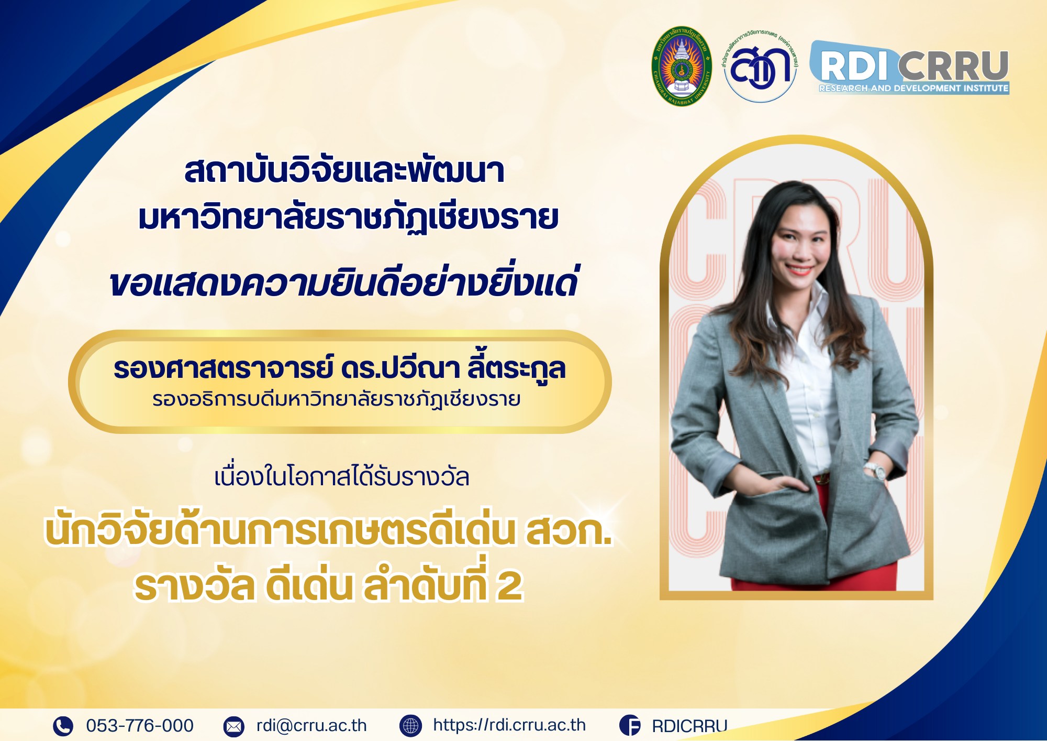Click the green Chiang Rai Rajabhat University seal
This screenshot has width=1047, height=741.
(681, 66)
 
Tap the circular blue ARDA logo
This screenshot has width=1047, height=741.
(760, 66)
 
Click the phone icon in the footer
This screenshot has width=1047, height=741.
(63, 726)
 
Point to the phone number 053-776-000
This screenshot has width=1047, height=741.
(140, 726)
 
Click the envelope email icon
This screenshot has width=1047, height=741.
(233, 726)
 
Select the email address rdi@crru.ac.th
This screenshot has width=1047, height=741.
(311, 726)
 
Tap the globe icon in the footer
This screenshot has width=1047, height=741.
(410, 726)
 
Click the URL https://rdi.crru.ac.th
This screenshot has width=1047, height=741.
(509, 725)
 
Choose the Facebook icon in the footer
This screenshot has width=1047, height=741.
(630, 726)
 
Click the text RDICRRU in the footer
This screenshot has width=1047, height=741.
(689, 726)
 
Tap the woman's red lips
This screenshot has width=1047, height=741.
(799, 270)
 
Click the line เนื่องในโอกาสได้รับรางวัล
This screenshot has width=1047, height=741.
(341, 477)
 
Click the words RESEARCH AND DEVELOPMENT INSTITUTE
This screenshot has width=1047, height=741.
(914, 88)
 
